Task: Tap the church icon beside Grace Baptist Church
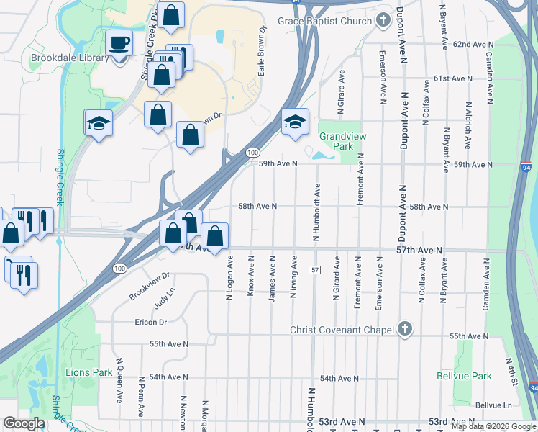(383, 20)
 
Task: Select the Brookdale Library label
(69, 58)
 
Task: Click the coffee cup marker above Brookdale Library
(119, 44)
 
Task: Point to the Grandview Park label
(336, 141)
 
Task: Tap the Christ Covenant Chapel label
(342, 330)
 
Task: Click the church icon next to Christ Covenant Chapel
(404, 330)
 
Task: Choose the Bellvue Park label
(464, 376)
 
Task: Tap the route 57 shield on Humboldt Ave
(315, 269)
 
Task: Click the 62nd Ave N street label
(472, 45)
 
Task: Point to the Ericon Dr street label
(150, 322)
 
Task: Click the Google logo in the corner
(24, 423)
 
